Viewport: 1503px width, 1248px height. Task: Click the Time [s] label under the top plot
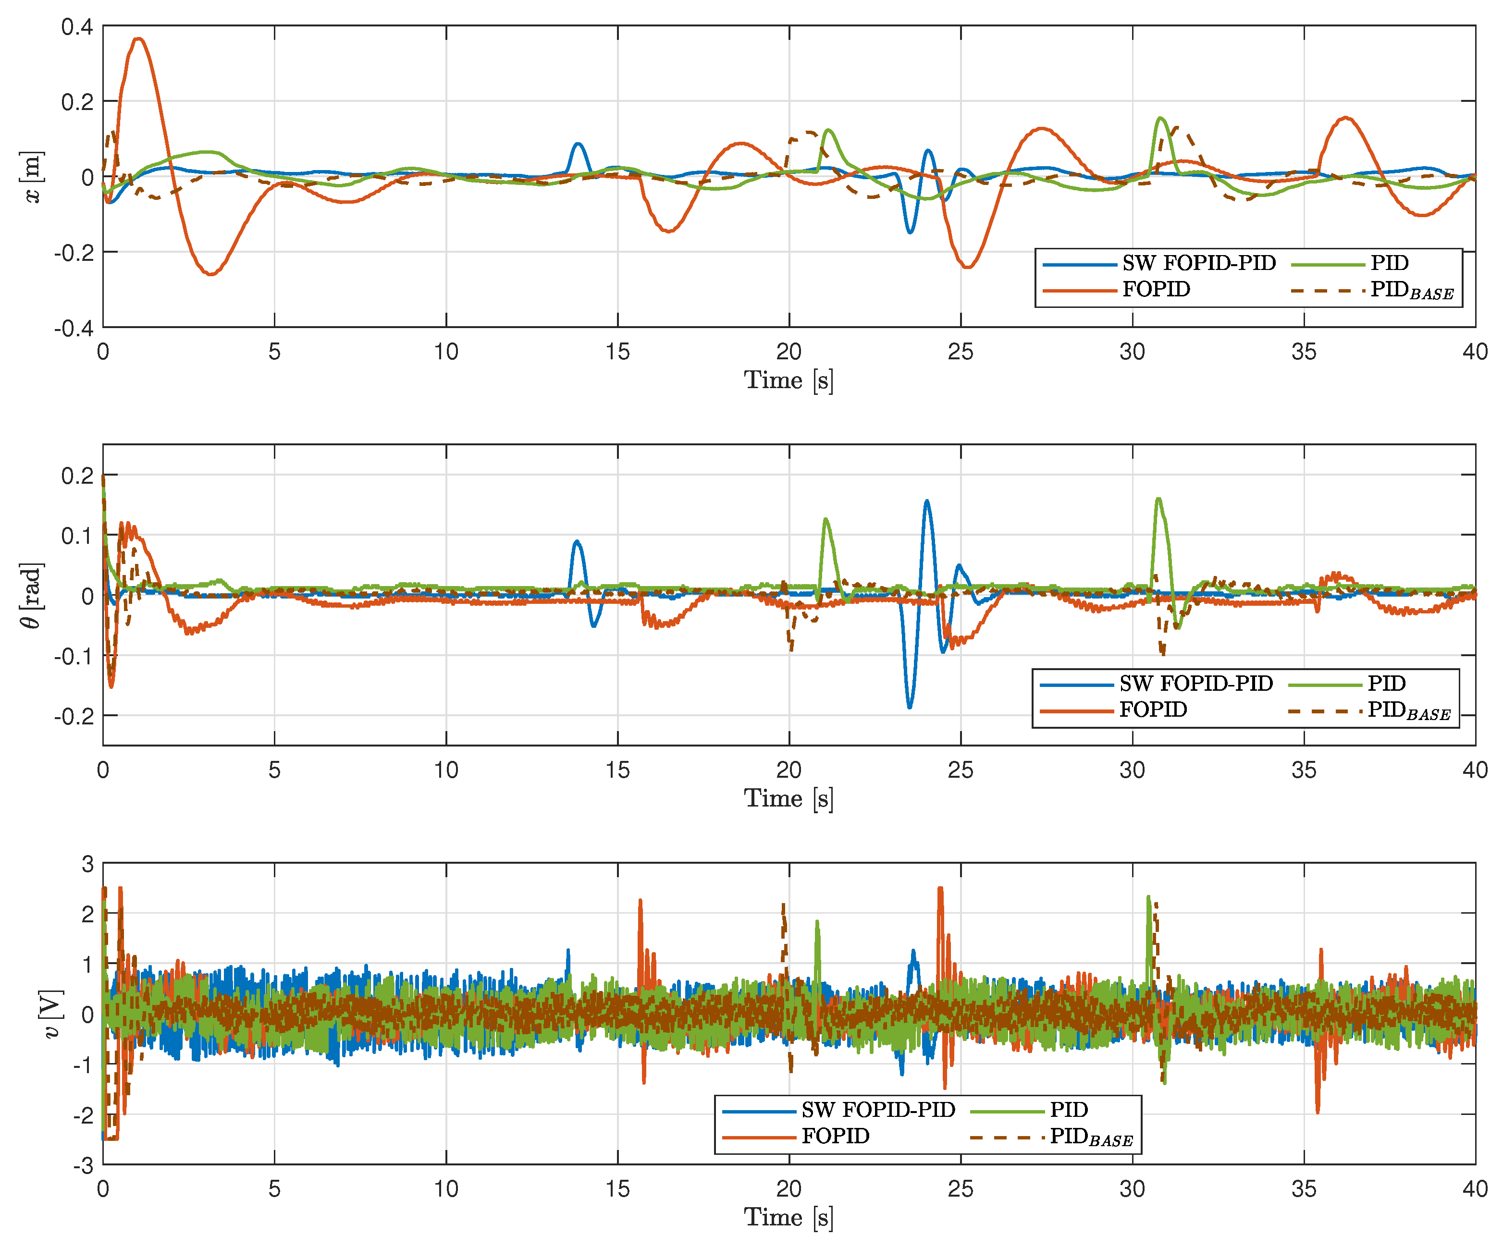point(788,380)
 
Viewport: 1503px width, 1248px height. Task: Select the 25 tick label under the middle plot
point(961,771)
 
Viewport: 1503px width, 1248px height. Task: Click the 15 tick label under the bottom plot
point(617,1189)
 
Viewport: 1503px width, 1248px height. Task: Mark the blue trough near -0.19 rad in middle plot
point(910,707)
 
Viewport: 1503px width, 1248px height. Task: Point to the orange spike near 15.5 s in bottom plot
point(640,901)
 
